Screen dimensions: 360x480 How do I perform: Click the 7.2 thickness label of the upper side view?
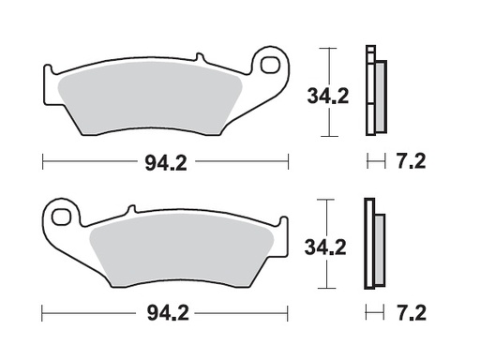coord(409,161)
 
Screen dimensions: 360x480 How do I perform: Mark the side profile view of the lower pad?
coord(374,244)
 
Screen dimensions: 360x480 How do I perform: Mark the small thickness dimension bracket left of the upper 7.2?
coord(375,161)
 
